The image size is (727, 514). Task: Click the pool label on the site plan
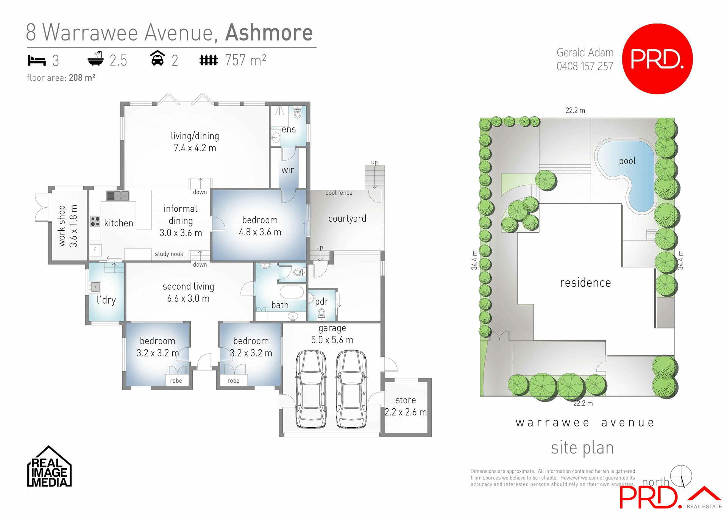click(627, 161)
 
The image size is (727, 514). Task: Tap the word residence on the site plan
click(585, 283)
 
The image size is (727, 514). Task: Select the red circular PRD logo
click(657, 59)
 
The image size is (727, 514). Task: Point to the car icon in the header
click(158, 59)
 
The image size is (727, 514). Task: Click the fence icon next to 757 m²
click(209, 60)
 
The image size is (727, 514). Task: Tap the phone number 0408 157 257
click(585, 66)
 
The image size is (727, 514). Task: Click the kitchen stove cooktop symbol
click(95, 222)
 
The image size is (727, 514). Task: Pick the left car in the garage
click(311, 389)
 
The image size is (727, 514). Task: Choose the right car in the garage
click(351, 389)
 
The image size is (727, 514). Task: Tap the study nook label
click(169, 254)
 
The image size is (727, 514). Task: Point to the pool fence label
click(339, 193)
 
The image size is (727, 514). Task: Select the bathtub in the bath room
click(291, 292)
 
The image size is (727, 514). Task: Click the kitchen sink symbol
click(118, 196)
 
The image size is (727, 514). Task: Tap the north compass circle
click(681, 476)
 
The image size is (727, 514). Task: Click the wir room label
click(287, 170)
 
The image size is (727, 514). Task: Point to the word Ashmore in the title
click(269, 33)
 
